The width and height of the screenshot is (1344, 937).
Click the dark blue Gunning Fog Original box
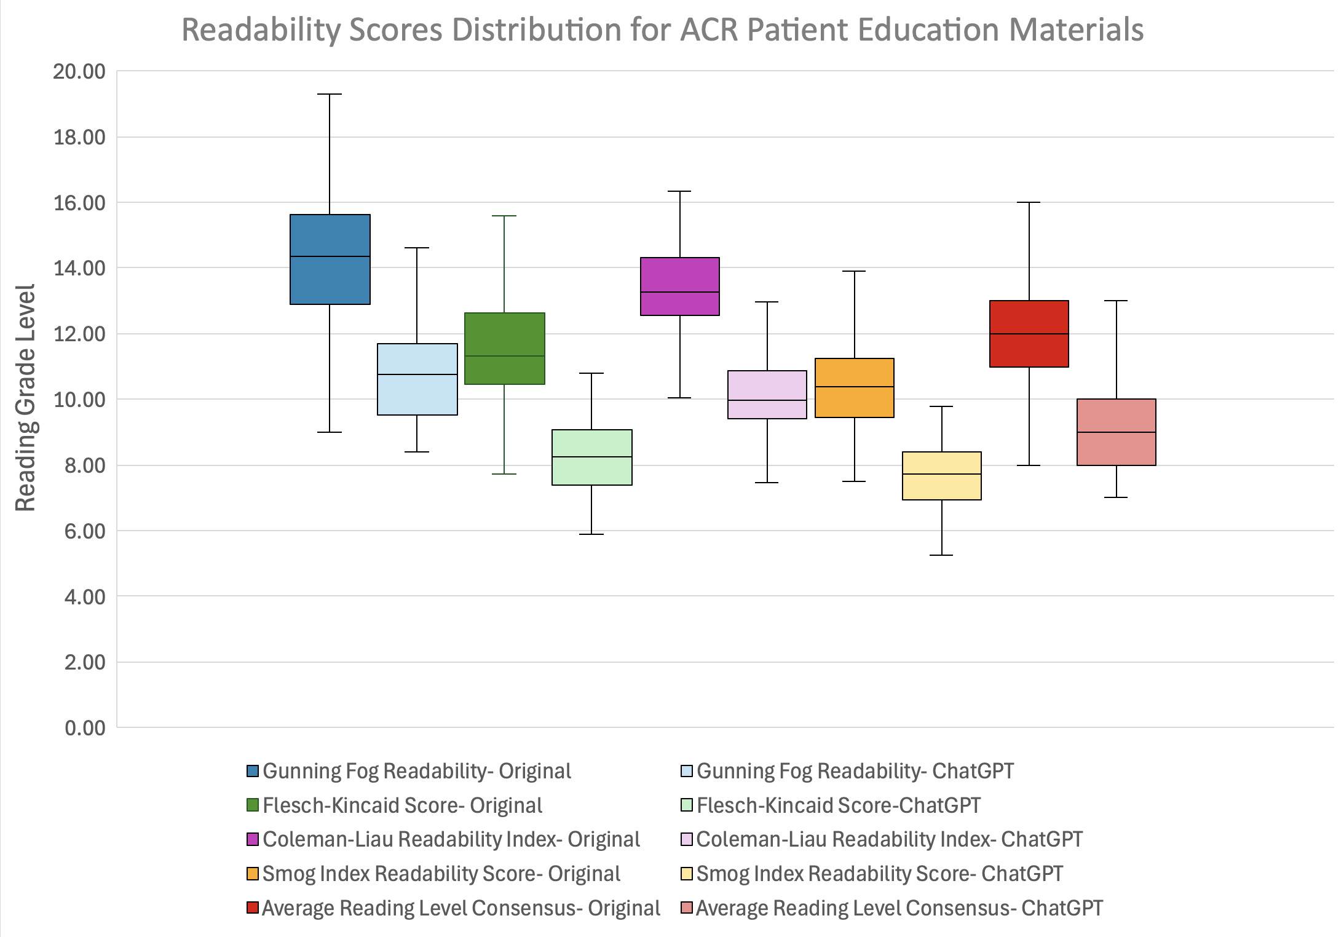pyautogui.click(x=330, y=259)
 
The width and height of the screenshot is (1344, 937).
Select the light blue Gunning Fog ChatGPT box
pyautogui.click(x=417, y=379)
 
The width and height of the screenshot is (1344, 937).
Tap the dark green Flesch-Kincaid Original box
pyautogui.click(x=504, y=348)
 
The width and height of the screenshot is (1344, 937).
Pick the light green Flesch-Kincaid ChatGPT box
pyautogui.click(x=591, y=457)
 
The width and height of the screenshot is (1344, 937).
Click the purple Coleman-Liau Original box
pyautogui.click(x=679, y=286)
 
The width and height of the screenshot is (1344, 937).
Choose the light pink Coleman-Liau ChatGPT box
pyautogui.click(x=767, y=394)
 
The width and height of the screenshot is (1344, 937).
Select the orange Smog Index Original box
pyautogui.click(x=854, y=387)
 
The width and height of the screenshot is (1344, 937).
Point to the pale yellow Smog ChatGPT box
pyautogui.click(x=941, y=475)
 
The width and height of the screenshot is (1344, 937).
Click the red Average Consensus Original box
pyautogui.click(x=1029, y=333)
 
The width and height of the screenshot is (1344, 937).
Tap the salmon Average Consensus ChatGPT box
pyautogui.click(x=1116, y=432)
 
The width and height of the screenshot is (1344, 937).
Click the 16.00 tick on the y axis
pyautogui.click(x=79, y=203)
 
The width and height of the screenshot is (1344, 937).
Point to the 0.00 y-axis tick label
pyautogui.click(x=85, y=728)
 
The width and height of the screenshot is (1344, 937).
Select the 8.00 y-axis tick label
pyautogui.click(x=85, y=465)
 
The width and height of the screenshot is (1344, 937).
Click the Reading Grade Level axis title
pyautogui.click(x=26, y=398)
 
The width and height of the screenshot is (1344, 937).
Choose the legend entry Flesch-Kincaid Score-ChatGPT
pyautogui.click(x=838, y=805)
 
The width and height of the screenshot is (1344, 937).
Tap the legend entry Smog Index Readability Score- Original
pyautogui.click(x=441, y=874)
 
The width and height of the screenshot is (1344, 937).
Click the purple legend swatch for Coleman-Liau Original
pyautogui.click(x=252, y=839)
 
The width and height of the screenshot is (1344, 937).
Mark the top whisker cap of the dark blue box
pyautogui.click(x=330, y=94)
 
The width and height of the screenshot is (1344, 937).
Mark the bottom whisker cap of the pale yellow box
pyautogui.click(x=941, y=555)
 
